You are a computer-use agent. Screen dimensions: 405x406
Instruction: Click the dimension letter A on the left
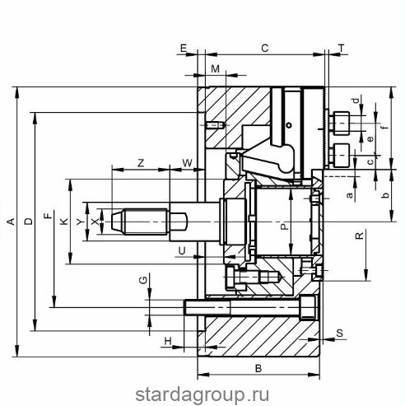(12, 222)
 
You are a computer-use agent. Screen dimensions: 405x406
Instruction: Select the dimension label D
(29, 222)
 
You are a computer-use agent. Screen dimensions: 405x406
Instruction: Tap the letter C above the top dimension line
(265, 49)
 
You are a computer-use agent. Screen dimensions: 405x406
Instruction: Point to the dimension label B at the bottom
(258, 368)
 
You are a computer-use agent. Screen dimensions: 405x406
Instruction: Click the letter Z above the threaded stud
(141, 163)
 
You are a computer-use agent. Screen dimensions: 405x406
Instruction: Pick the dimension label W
(188, 163)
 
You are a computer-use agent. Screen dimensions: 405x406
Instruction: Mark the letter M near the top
(216, 69)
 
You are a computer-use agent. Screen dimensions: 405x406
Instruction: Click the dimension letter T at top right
(342, 49)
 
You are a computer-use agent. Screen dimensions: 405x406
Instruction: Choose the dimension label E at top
(184, 49)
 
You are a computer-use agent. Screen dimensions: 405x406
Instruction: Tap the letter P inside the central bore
(285, 226)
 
